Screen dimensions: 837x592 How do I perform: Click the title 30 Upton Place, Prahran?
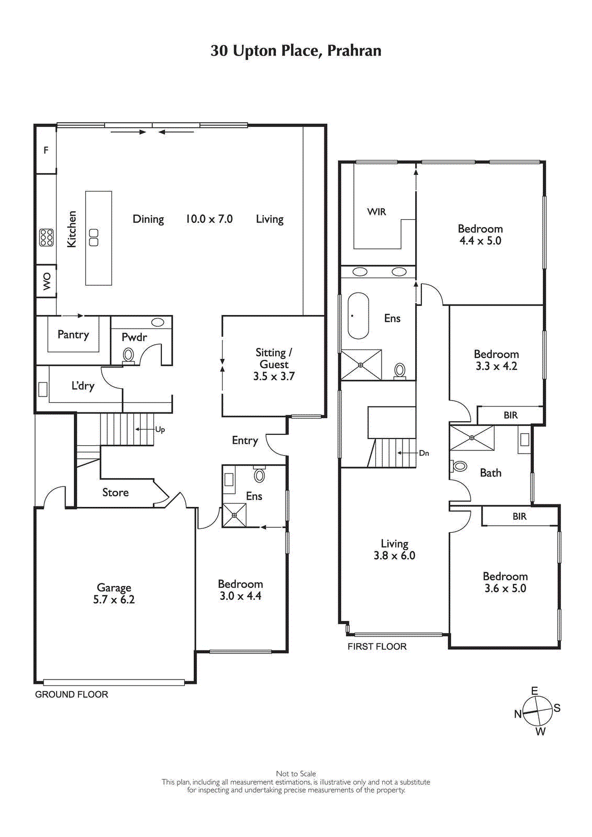point(296,51)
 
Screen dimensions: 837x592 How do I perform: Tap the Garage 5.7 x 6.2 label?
point(114,594)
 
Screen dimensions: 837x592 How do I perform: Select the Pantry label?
point(73,335)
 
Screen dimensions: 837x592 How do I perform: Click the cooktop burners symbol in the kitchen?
point(46,237)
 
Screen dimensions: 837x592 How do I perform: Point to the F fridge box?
point(46,150)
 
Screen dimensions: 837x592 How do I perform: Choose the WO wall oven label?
point(47,281)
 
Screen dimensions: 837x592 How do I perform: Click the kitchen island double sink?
point(94,237)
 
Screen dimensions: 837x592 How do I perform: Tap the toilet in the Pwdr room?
point(128,356)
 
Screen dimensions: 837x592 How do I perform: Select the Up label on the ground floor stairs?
point(160,429)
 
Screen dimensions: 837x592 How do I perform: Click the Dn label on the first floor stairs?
point(423,453)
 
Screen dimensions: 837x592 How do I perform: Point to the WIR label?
point(376,212)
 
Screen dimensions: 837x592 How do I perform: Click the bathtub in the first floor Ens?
point(359,316)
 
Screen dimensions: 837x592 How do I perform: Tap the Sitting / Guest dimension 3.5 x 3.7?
point(274,377)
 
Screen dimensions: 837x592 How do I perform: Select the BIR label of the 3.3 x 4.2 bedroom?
point(510,415)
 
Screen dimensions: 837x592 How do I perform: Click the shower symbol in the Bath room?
point(472,438)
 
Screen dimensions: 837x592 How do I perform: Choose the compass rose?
point(538,711)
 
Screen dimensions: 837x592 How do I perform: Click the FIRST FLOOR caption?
point(377,647)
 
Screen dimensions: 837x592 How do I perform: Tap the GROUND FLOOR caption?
point(71,695)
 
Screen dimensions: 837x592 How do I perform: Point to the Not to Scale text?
point(296,774)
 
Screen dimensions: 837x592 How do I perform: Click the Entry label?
point(245,440)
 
